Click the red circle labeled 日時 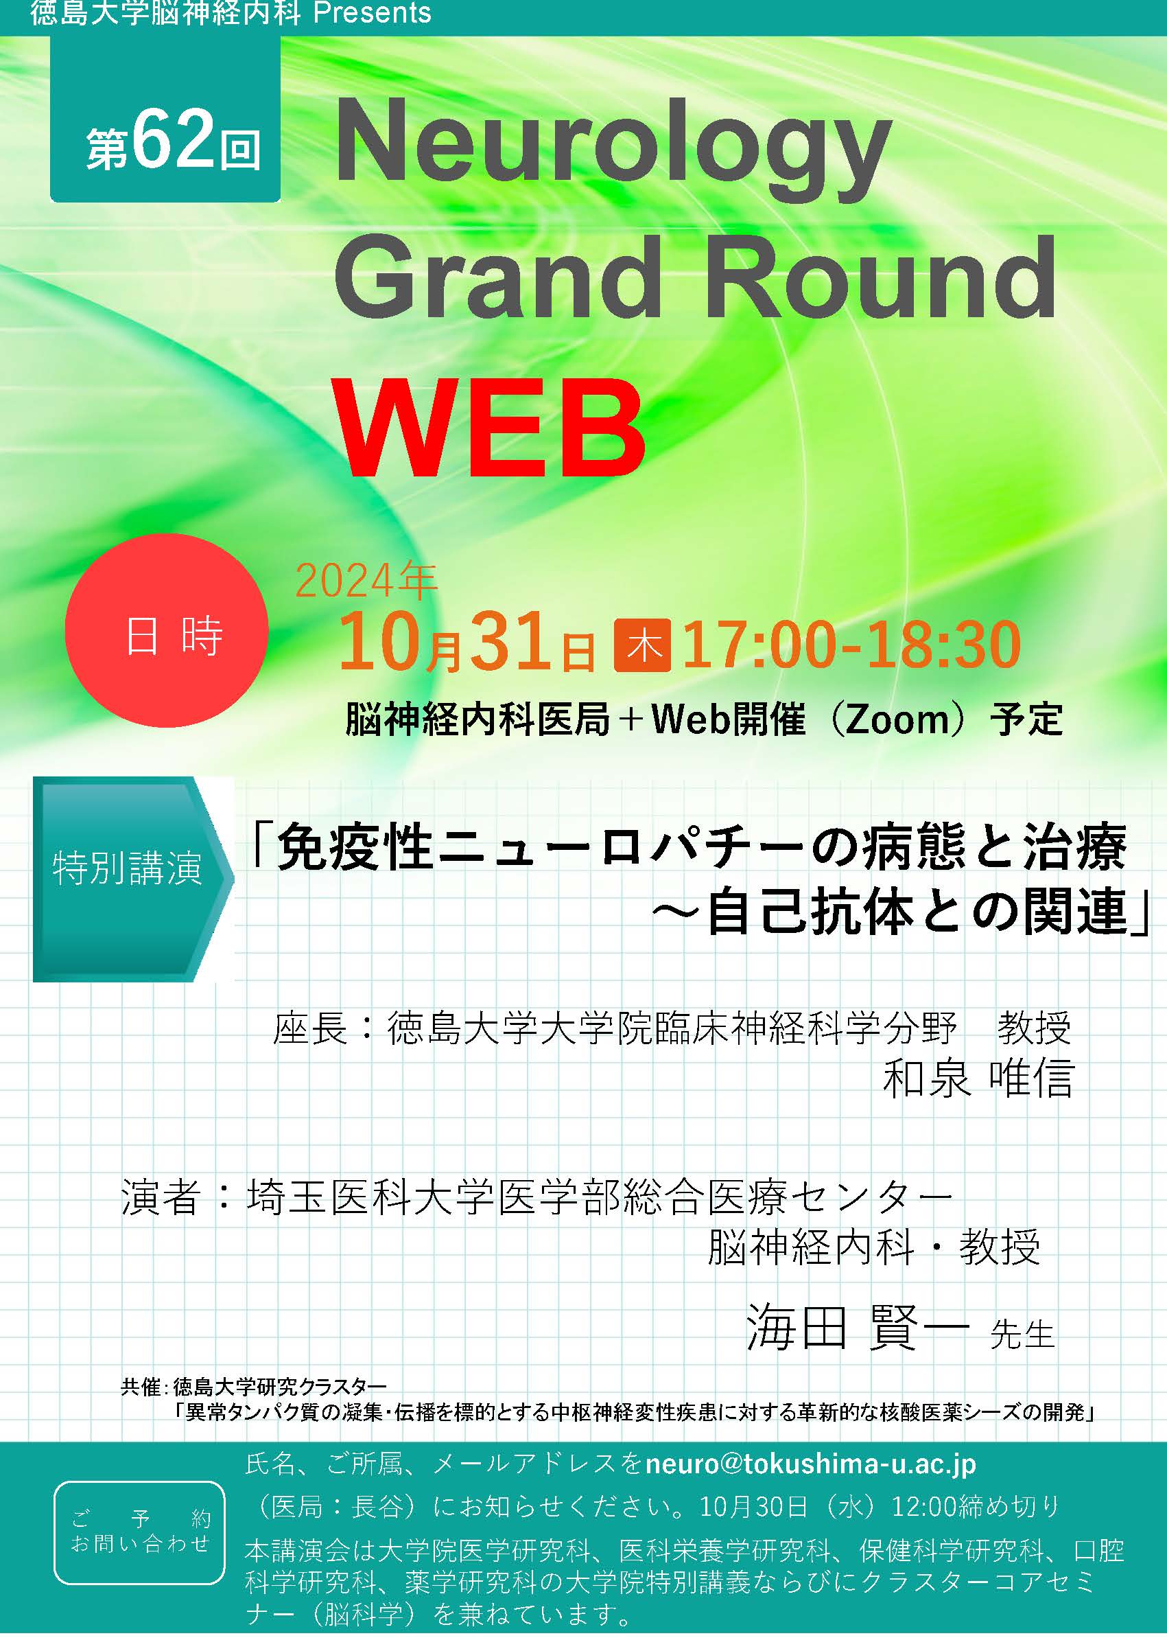pyautogui.click(x=166, y=631)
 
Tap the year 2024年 pyautogui.click(x=366, y=581)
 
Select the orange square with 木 pyautogui.click(x=642, y=645)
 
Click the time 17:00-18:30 pyautogui.click(x=851, y=645)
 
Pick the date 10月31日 pyautogui.click(x=467, y=642)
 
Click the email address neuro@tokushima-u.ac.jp pyautogui.click(x=810, y=1464)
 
